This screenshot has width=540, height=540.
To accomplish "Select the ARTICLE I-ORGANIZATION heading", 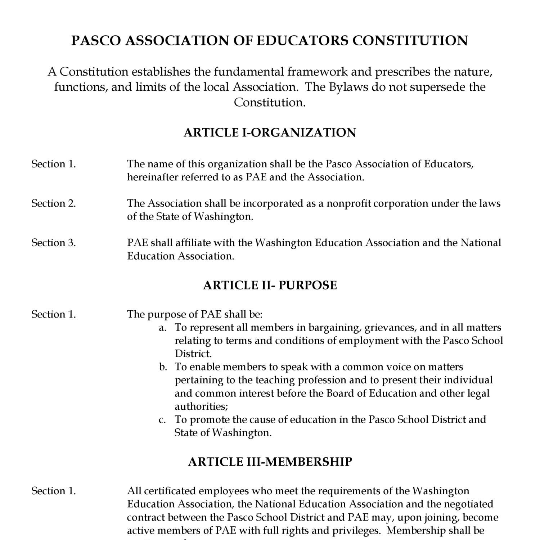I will tap(270, 132).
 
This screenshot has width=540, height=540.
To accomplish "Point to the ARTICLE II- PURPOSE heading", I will tap(270, 285).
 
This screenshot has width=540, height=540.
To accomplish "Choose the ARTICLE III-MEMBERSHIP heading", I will tap(270, 462).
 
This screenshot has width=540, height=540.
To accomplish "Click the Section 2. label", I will tap(54, 203).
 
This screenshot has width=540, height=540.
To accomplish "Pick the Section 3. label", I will tap(54, 243).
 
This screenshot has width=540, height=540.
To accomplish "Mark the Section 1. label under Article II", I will tap(54, 314).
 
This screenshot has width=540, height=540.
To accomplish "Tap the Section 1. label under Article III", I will tap(54, 491).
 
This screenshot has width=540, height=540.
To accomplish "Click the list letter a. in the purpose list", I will tap(163, 328).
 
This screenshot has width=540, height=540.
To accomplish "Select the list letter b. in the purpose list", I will tap(163, 367).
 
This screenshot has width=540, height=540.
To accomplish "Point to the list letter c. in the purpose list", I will tap(162, 420).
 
